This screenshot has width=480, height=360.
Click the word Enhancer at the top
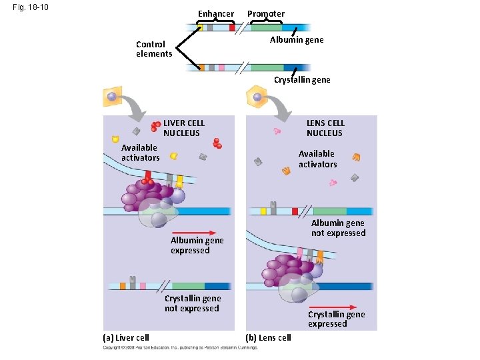(216, 14)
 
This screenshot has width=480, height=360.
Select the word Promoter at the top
(266, 14)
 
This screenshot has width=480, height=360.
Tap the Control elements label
(153, 49)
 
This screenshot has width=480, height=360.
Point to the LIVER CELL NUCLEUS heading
(184, 128)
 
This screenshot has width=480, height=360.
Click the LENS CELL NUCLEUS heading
(325, 128)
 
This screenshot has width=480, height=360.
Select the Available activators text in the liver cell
(140, 153)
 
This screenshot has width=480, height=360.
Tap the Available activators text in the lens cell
(317, 159)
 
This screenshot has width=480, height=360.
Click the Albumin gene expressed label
(197, 245)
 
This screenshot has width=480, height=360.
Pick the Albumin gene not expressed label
(338, 228)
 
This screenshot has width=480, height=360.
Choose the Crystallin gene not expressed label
(192, 303)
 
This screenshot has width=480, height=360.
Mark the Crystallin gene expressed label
(336, 319)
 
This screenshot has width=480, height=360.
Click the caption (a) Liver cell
(125, 337)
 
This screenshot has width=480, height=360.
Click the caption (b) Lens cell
(269, 337)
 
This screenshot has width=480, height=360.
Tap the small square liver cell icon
(113, 97)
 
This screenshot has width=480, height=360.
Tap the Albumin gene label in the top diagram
(297, 40)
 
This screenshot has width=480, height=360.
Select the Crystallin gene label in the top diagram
(302, 80)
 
